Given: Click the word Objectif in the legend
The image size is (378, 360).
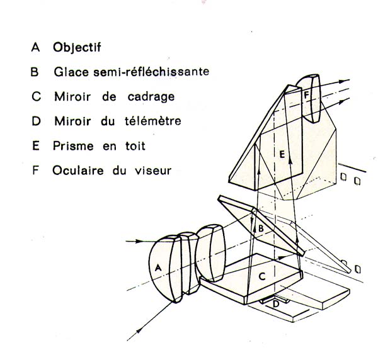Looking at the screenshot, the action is pyautogui.click(x=77, y=47).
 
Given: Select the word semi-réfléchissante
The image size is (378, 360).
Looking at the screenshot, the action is pyautogui.click(x=151, y=72).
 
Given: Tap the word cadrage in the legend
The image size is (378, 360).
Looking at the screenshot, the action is pyautogui.click(x=151, y=98).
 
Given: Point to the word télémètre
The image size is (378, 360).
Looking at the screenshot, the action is pyautogui.click(x=153, y=121).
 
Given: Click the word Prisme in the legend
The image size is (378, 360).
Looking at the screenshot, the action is pyautogui.click(x=73, y=146).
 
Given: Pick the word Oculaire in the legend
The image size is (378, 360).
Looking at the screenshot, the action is pyautogui.click(x=78, y=171).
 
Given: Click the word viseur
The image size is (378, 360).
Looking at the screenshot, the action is pyautogui.click(x=153, y=171).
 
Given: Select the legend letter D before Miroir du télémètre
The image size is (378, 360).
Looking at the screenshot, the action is pyautogui.click(x=36, y=121).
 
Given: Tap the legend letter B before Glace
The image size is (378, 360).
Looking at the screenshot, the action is pyautogui.click(x=35, y=72).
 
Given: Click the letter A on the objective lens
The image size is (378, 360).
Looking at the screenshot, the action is pyautogui.click(x=158, y=267).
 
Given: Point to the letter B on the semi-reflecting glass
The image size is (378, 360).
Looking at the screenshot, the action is pyautogui.click(x=261, y=228).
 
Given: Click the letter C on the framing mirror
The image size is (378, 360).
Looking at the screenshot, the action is pyautogui.click(x=262, y=276).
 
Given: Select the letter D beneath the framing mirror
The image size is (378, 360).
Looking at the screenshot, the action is pyautogui.click(x=276, y=304).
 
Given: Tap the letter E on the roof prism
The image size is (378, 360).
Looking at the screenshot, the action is pyautogui.click(x=282, y=154).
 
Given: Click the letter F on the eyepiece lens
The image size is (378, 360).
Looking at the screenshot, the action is pyautogui.click(x=306, y=95).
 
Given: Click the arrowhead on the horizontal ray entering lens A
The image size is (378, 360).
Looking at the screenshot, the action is pyautogui.click(x=139, y=241).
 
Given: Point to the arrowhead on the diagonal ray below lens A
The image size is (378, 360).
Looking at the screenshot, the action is pyautogui.click(x=139, y=331).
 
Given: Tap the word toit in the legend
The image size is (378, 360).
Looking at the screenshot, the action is pyautogui.click(x=135, y=146).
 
